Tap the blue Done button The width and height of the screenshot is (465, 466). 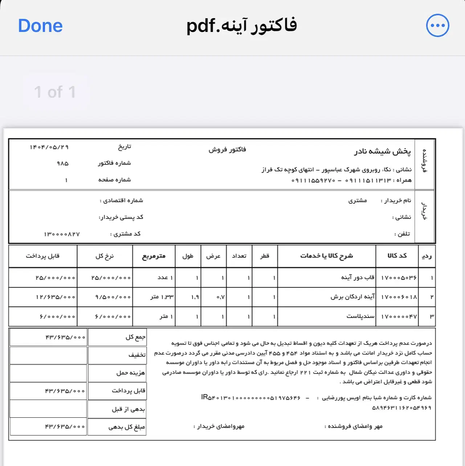[40, 26]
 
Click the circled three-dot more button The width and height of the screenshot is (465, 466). [437, 25]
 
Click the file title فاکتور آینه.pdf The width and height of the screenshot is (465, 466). [241, 26]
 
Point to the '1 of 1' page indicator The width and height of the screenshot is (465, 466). [55, 92]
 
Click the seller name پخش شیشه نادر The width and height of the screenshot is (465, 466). [382, 151]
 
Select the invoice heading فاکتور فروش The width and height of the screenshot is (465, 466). [227, 150]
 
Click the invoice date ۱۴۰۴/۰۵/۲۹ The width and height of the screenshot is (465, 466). [49, 147]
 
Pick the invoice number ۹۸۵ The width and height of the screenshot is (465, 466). [62, 163]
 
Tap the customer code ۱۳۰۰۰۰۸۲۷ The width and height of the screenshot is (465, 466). [62, 234]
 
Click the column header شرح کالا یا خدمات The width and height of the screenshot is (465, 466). [326, 256]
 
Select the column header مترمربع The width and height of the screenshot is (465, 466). [154, 256]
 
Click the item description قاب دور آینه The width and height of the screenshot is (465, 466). [358, 278]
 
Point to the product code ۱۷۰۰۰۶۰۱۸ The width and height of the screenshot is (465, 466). [399, 297]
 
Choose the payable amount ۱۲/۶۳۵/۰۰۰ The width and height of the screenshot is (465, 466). [56, 297]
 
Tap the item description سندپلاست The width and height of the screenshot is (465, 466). [360, 316]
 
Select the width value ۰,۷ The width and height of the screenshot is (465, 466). [221, 297]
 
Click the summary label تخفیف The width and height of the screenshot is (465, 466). [137, 355]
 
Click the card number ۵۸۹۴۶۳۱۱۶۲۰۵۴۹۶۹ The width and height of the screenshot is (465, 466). [401, 408]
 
